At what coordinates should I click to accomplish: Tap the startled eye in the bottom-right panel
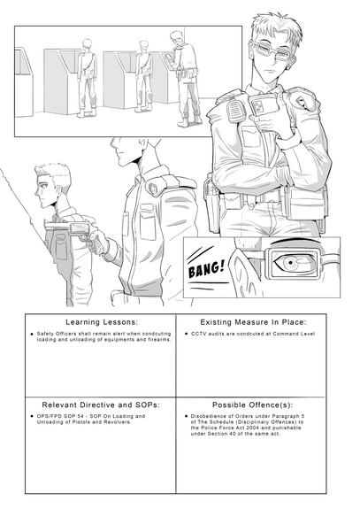289,262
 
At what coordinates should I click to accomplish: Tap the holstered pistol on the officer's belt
215,192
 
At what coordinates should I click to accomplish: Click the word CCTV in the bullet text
201,335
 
